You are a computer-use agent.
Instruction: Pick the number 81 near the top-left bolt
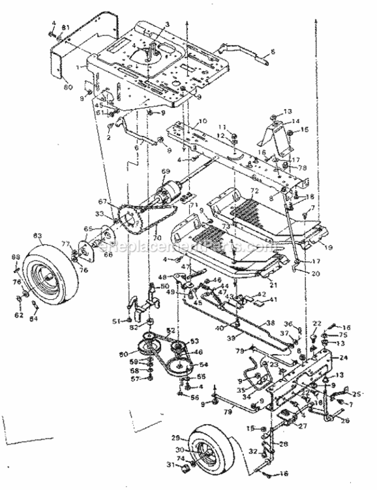[65, 27]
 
